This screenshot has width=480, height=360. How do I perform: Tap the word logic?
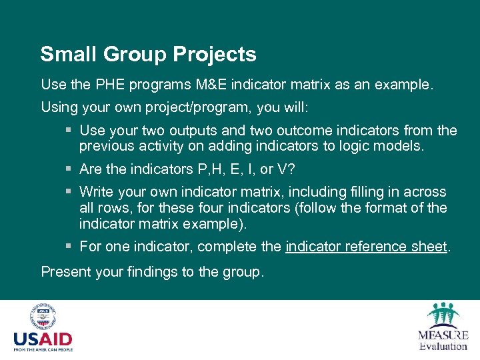coord(352,145)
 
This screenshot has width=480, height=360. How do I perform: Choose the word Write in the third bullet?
coord(95,193)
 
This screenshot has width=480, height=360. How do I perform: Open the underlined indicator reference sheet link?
coord(366,247)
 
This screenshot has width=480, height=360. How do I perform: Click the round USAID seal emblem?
coord(42,317)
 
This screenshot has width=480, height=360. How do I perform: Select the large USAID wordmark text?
coord(43,339)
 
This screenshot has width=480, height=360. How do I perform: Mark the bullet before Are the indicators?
coord(69,169)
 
